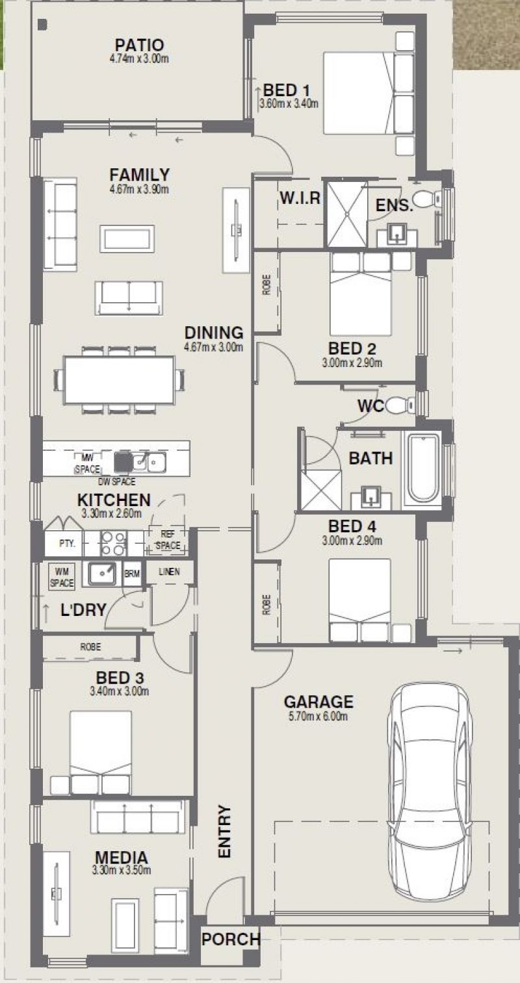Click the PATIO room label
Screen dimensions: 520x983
[x=140, y=45]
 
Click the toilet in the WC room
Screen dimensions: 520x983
[x=400, y=405]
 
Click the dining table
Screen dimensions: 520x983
[x=120, y=379]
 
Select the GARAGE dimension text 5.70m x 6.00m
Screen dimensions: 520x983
[x=318, y=717]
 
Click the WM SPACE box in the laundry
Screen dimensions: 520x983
[x=62, y=576]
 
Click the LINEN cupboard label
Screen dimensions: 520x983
[x=169, y=571]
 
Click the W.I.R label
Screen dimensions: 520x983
[x=300, y=198]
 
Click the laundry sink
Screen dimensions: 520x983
[x=102, y=574]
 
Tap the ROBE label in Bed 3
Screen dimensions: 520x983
[x=90, y=647]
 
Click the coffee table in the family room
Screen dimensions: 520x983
[x=127, y=238]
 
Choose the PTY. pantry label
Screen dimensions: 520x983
[x=67, y=544]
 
